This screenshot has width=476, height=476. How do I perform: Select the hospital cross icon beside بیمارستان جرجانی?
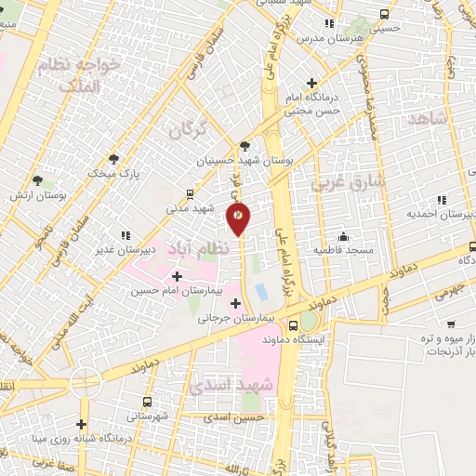(236, 303)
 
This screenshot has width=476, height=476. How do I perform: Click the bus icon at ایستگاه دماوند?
(293, 325)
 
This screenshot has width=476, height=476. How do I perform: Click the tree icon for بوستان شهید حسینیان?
(245, 145)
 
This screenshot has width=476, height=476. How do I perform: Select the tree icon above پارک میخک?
(114, 159)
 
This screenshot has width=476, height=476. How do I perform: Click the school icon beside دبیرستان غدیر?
(125, 236)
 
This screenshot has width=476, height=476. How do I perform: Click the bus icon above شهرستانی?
(147, 402)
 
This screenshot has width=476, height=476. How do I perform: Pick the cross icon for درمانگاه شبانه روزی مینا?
(83, 425)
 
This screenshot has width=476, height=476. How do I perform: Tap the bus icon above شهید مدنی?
(190, 195)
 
